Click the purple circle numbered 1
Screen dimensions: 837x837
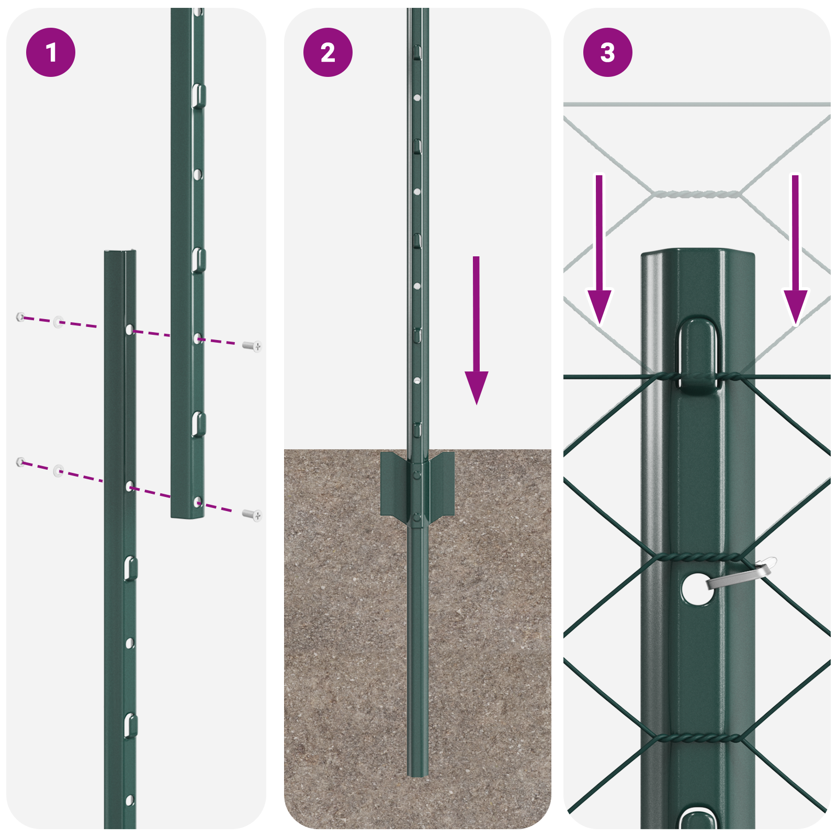(51, 52)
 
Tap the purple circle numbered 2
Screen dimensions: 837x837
(328, 52)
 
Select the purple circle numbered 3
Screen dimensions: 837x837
(607, 52)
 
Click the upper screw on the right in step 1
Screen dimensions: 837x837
(253, 346)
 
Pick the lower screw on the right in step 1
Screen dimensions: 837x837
(253, 515)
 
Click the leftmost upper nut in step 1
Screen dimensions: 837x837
(20, 316)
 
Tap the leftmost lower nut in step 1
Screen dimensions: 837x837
(20, 461)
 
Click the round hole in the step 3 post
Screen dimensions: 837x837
(697, 589)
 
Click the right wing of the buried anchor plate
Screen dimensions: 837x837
(442, 484)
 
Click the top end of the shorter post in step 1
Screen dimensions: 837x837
(120, 253)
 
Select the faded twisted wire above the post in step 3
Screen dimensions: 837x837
(697, 194)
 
